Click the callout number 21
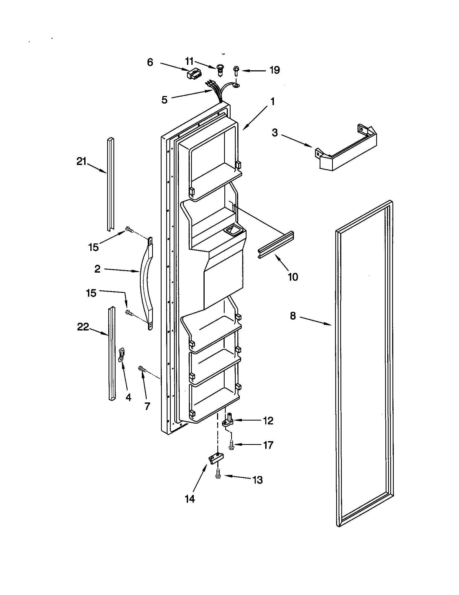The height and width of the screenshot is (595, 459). tap(81, 162)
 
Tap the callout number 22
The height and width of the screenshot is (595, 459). tap(83, 327)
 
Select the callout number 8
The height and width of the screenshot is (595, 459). tap(293, 316)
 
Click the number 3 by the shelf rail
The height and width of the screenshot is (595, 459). tap(275, 133)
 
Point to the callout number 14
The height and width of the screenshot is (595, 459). tap(190, 499)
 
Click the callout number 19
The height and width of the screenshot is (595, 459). tap(275, 70)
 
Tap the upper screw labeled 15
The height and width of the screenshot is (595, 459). tap(129, 230)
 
